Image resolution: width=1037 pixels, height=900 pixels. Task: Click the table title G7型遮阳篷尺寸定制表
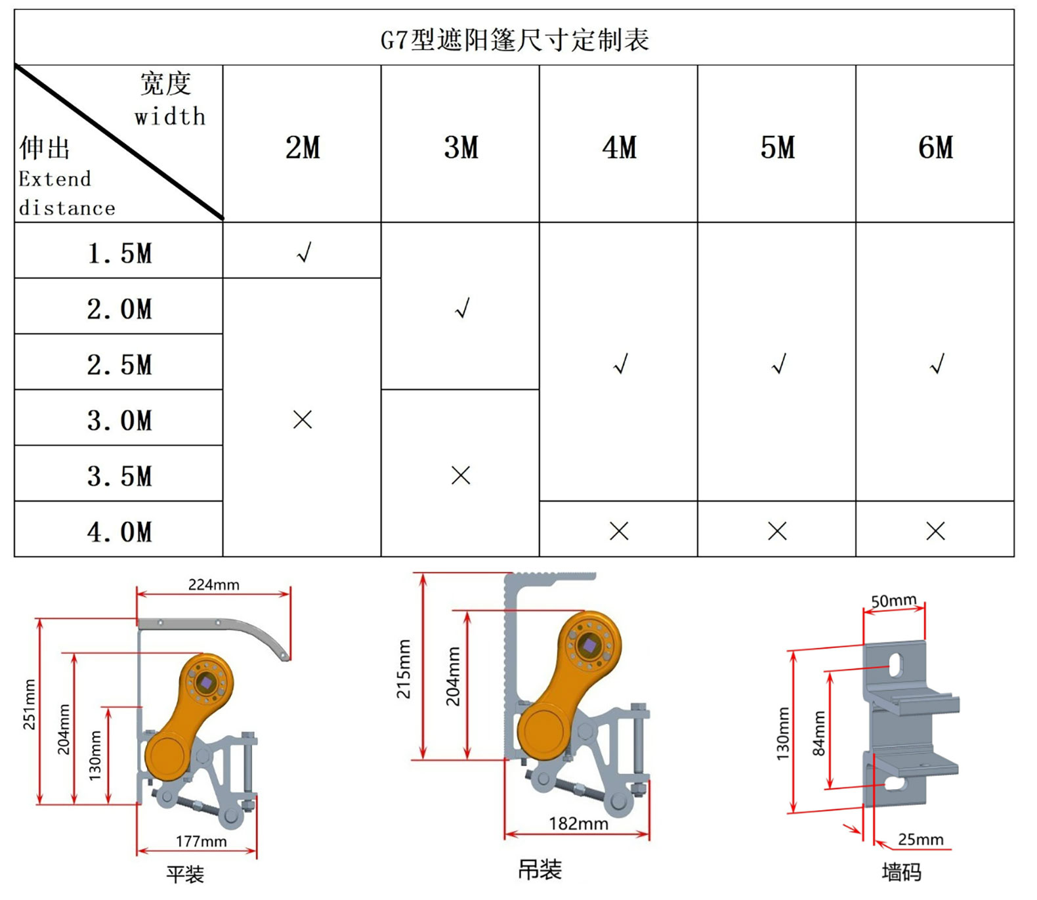(x=515, y=40)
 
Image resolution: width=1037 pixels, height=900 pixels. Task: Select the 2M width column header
(x=303, y=147)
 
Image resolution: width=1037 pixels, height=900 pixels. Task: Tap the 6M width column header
(x=935, y=147)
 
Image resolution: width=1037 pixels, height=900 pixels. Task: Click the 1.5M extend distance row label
(x=119, y=253)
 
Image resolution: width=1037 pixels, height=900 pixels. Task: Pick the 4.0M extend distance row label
(x=119, y=532)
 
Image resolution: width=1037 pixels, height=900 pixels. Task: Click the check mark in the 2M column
(x=304, y=252)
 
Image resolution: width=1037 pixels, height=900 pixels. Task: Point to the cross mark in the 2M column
(x=303, y=419)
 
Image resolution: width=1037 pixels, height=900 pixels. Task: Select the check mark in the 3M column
(x=463, y=308)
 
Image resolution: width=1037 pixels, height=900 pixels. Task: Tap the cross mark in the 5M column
(x=777, y=531)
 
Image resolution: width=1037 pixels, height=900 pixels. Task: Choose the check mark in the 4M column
(x=621, y=364)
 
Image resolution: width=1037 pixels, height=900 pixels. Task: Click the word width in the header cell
(x=170, y=116)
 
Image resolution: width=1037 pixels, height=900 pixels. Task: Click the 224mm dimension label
(x=214, y=584)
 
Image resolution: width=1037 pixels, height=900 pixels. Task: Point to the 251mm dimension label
(x=30, y=704)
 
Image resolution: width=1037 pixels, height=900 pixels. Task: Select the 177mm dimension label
(x=201, y=841)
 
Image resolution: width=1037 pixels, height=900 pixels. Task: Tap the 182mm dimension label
(x=578, y=823)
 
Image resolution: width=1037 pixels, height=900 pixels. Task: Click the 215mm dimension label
(x=404, y=669)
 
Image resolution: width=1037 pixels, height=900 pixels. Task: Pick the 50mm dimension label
(x=893, y=600)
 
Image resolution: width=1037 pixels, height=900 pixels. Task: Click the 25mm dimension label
(x=921, y=839)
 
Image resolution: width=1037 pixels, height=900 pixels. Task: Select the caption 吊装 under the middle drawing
(x=540, y=870)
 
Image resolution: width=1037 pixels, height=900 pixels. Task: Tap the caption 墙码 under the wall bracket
(x=901, y=872)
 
